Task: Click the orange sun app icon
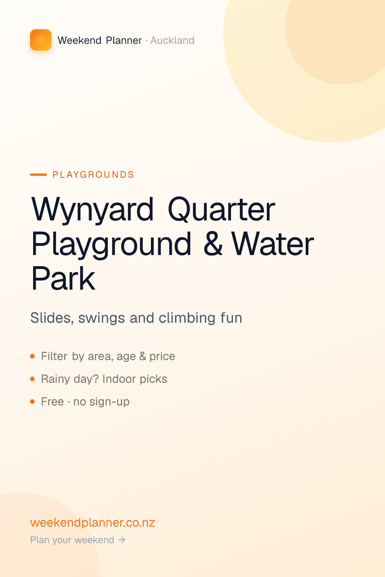pos(41,40)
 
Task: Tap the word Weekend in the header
pos(79,40)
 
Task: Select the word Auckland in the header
pos(172,40)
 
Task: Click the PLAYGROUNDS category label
pos(93,175)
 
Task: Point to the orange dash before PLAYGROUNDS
pos(38,175)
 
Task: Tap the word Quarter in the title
pos(221,209)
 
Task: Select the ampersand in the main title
pos(213,243)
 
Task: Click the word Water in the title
pos(272,243)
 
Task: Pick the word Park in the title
pos(63,278)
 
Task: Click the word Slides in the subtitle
pos(52,318)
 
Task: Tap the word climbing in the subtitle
pos(187,318)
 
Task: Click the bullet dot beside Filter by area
pos(32,356)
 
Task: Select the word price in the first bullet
pos(162,357)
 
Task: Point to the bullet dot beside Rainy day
pos(32,379)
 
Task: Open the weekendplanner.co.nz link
pos(92,523)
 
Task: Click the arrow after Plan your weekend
pos(122,540)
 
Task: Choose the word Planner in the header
pos(124,40)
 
